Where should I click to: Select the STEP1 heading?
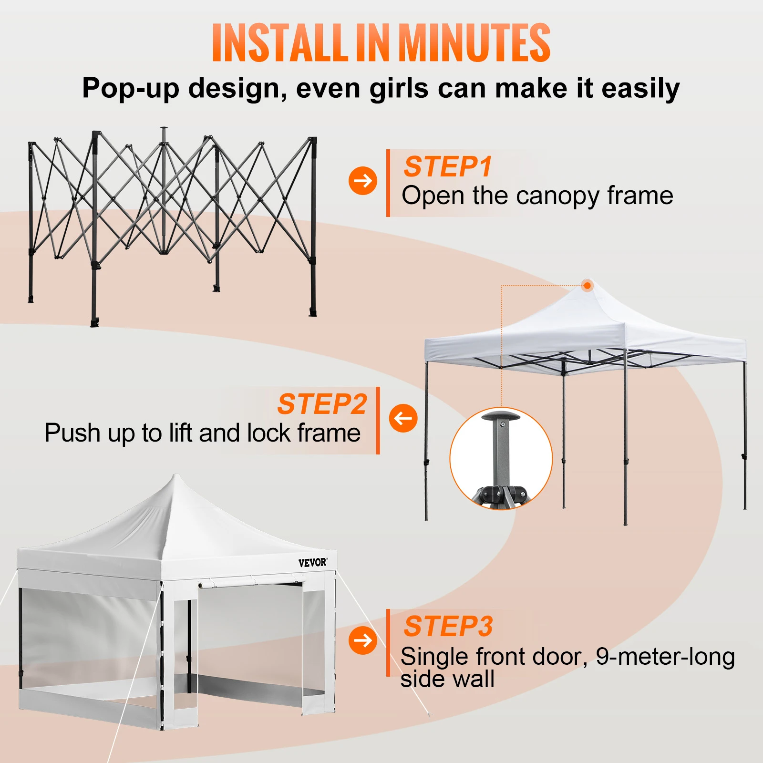447,166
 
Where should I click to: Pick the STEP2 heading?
322,404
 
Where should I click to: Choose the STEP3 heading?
448,626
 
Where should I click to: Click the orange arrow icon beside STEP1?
362,181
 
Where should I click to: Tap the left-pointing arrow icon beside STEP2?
403,418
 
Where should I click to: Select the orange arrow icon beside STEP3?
362,640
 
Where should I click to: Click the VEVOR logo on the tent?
313,563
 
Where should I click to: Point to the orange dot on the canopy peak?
588,286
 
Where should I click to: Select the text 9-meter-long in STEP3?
665,656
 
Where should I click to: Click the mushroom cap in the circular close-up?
501,416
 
